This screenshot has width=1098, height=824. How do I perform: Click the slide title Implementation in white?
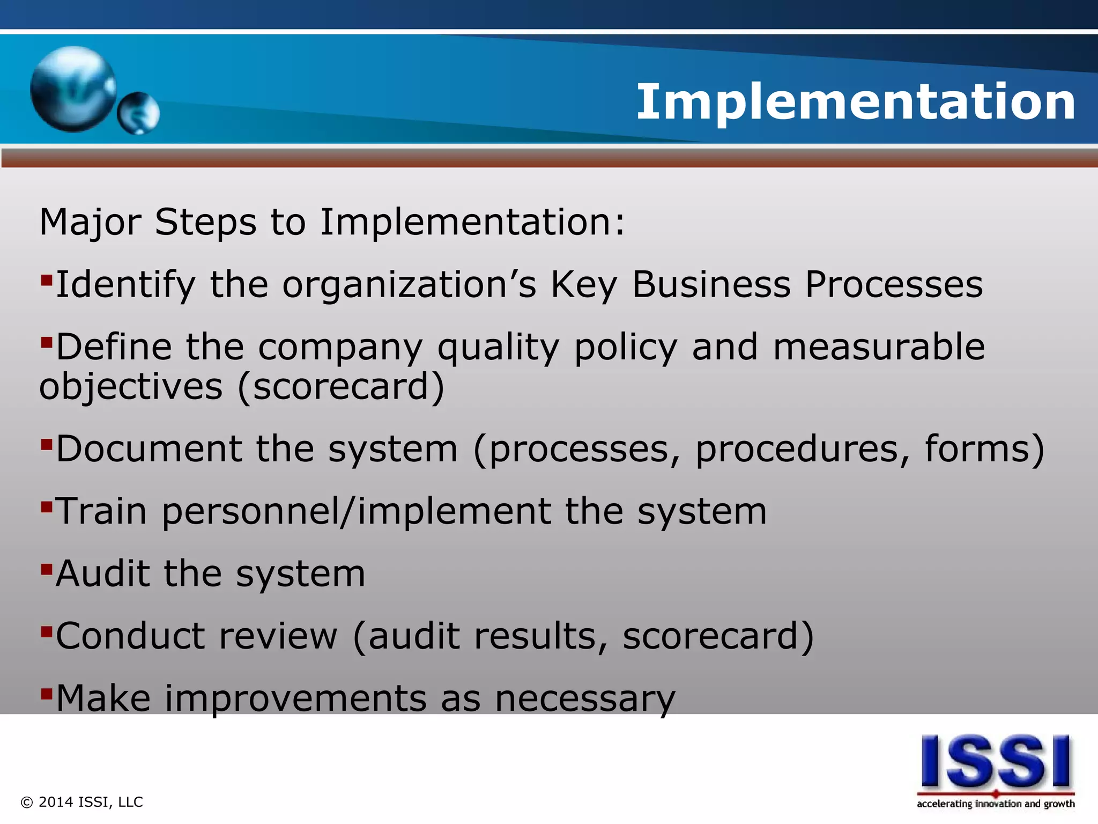tap(856, 101)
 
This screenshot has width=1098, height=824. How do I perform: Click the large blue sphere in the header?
tap(73, 89)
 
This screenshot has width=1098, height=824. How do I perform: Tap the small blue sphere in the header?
tap(139, 113)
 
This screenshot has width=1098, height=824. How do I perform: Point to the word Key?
tap(584, 284)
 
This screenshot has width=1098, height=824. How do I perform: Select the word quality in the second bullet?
tap(498, 348)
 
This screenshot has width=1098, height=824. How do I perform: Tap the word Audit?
tap(102, 573)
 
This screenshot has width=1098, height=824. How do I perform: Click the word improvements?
tap(295, 698)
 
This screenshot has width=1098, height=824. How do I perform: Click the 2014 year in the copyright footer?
tap(56, 802)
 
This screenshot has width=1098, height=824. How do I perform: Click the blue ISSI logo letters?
tap(996, 761)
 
